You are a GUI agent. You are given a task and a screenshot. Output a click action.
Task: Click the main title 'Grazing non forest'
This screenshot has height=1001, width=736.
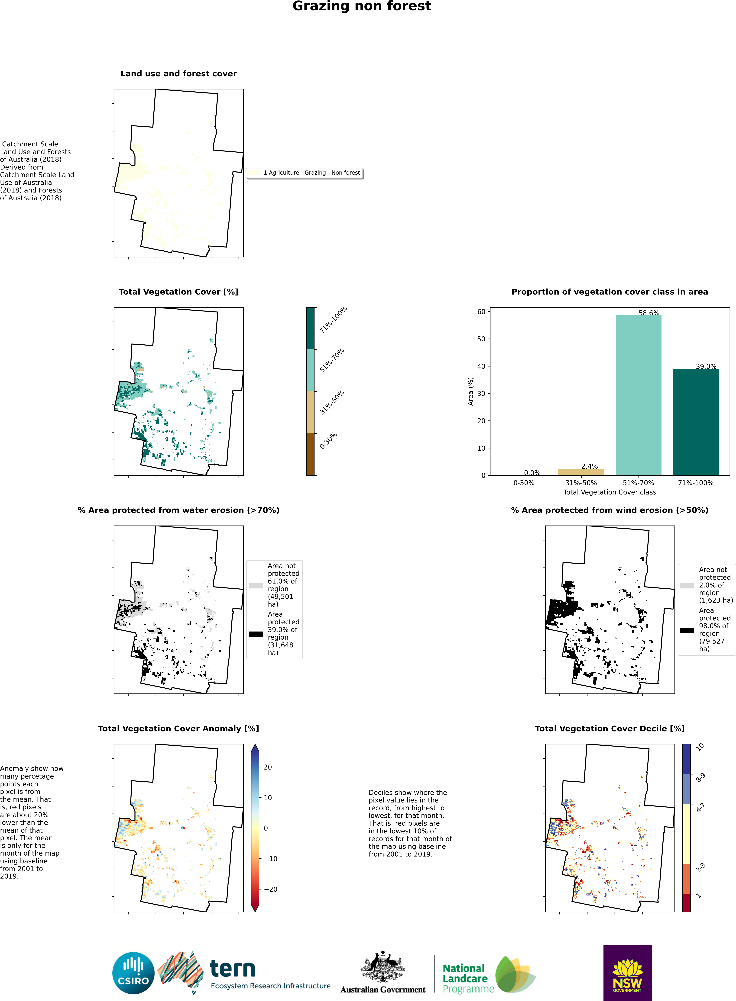tap(362, 6)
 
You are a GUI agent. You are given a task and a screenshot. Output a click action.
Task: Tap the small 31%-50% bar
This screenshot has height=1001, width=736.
tap(581, 472)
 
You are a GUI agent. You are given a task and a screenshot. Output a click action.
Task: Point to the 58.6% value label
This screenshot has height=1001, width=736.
tap(649, 313)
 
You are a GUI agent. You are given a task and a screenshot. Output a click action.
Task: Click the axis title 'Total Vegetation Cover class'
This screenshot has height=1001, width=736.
tap(610, 492)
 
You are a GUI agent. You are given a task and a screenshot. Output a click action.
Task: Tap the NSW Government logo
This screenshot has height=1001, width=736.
tap(627, 973)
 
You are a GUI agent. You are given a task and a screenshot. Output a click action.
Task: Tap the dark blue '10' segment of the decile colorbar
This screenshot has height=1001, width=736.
tap(687, 759)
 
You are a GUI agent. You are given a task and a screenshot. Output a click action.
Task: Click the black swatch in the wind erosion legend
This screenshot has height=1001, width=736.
tap(687, 630)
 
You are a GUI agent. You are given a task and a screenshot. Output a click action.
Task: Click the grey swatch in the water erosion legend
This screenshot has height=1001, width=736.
tap(256, 586)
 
